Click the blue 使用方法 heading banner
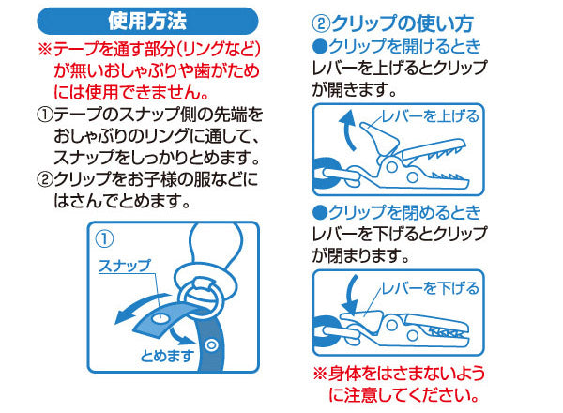pos(147,22)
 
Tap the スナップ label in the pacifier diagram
pos(125,266)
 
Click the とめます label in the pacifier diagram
pos(167,356)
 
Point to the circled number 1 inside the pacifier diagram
pos(104,239)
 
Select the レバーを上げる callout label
pos(430,116)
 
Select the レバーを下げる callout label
pos(430,288)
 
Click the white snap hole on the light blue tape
pos(160,318)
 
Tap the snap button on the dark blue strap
pos(211,345)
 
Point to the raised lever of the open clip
pos(379,139)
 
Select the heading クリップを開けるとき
pos(396,47)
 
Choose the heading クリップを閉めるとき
pos(396,213)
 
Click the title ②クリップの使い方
pos(393,23)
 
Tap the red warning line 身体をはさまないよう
pos(400,374)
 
